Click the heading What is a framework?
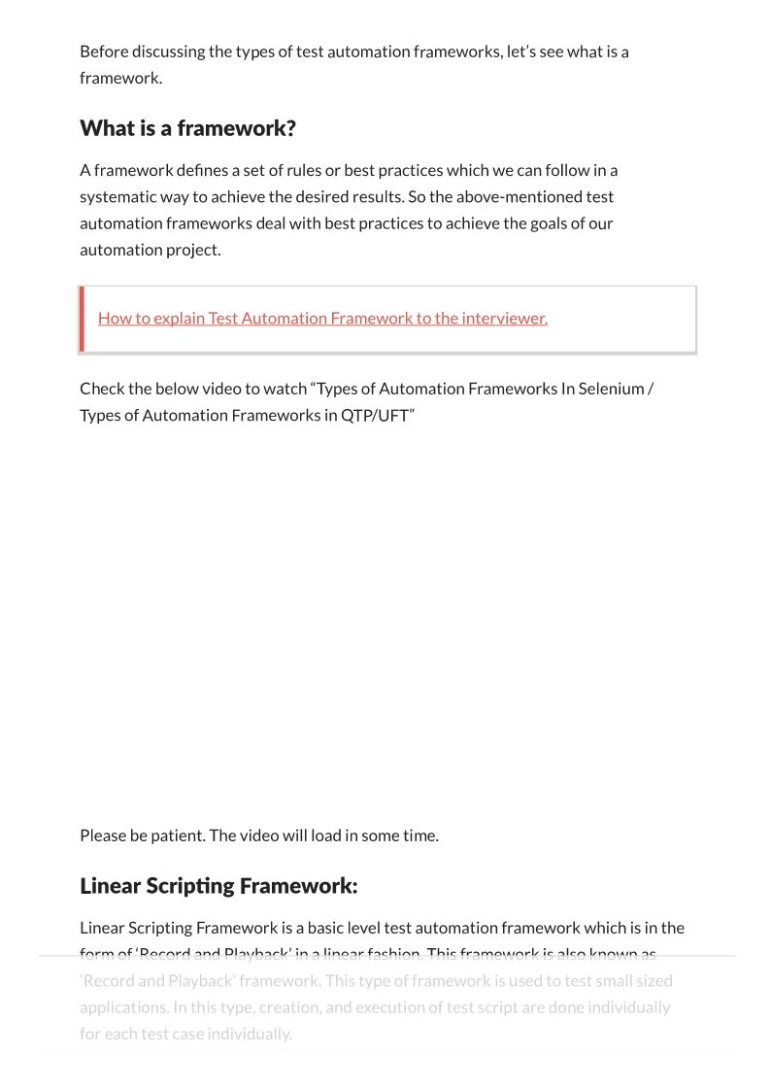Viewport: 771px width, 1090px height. (x=187, y=128)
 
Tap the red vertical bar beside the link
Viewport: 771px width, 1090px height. (x=82, y=319)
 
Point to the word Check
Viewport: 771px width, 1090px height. (x=102, y=389)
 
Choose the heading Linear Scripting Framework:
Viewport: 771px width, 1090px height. (x=218, y=886)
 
